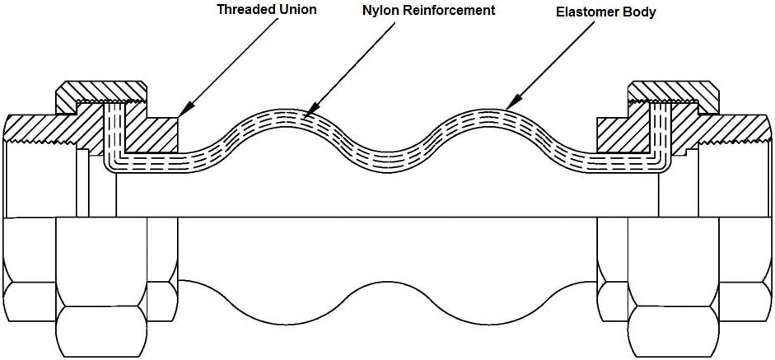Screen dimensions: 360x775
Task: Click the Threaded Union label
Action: point(266,10)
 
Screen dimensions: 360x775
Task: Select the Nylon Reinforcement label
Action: point(429,11)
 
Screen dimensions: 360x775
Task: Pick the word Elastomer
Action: point(583,13)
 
